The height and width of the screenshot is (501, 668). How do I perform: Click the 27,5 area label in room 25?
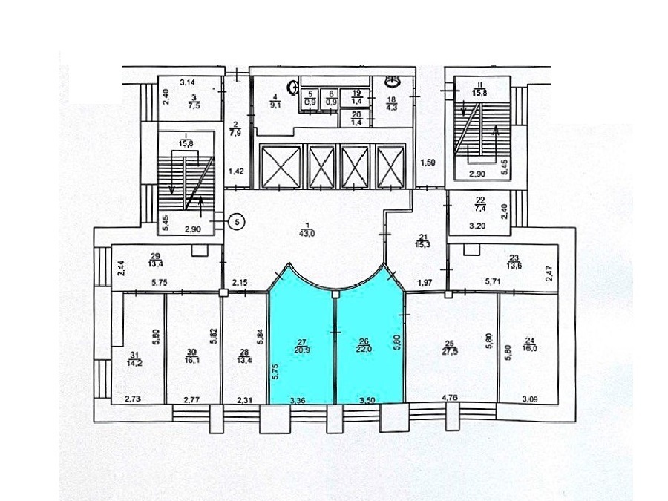coord(448,349)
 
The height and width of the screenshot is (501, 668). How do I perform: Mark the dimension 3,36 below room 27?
coord(297,400)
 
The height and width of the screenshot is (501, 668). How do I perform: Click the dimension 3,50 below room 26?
coord(365,400)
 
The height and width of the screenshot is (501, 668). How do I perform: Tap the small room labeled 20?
coord(356,117)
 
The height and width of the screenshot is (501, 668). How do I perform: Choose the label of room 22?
coord(479,202)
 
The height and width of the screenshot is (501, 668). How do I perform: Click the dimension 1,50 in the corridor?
coord(428,163)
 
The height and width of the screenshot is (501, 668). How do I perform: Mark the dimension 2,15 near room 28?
coord(239,283)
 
